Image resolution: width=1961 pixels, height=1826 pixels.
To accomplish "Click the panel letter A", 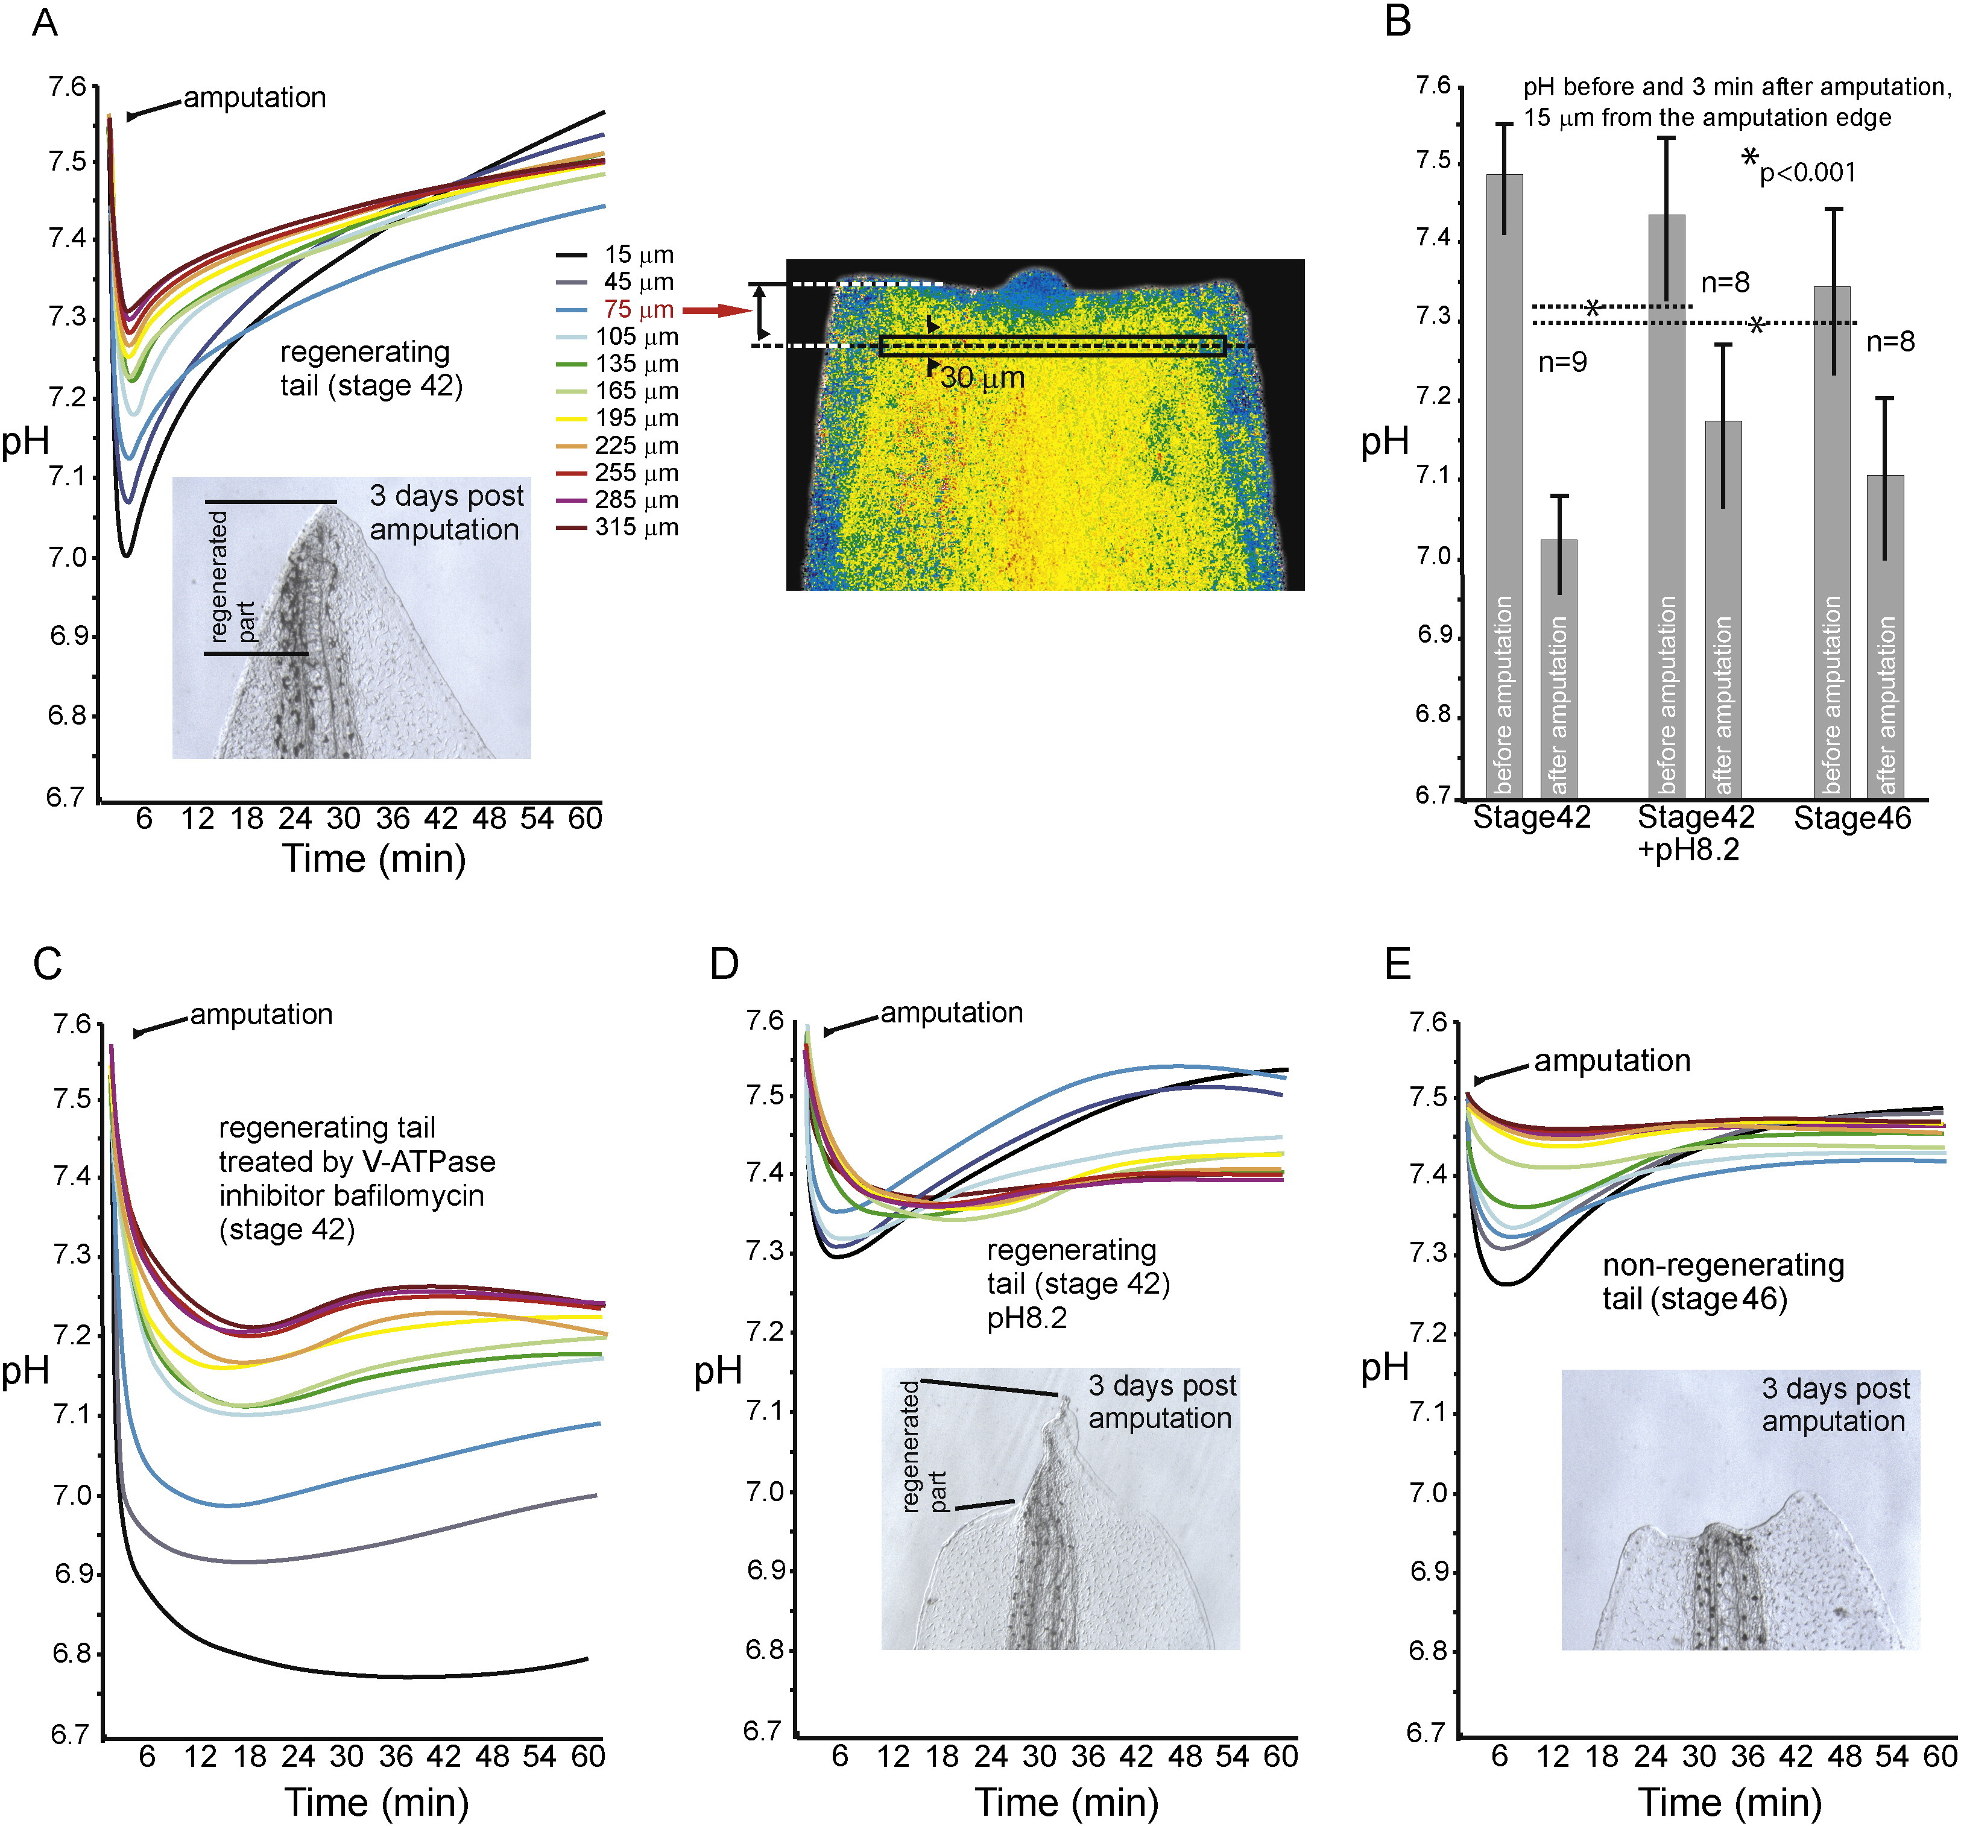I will (x=45, y=22).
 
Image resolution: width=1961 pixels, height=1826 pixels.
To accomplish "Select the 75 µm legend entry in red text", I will (x=638, y=310).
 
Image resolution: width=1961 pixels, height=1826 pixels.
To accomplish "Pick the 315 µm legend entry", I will (x=636, y=527).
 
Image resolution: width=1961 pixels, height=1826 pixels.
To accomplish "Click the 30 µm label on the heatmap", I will (x=982, y=377).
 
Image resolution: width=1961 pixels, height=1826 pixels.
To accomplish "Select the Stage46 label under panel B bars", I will (x=1851, y=818).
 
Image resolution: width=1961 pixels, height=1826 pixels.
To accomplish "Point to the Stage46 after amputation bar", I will (x=1885, y=636).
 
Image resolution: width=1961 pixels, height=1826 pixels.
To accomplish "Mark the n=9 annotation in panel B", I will (x=1562, y=363).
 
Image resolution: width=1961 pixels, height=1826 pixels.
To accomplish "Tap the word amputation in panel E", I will (x=1612, y=1061).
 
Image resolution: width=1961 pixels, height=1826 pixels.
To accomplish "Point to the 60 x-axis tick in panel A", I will (x=585, y=818).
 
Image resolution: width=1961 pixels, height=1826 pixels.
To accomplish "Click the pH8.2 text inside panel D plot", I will (x=1027, y=1318).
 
